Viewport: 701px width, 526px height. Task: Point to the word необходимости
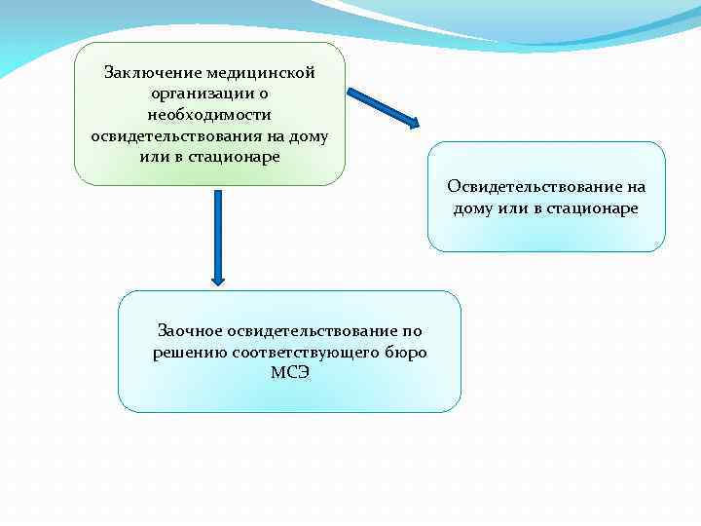click(x=209, y=114)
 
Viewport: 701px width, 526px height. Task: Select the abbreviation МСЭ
click(x=290, y=372)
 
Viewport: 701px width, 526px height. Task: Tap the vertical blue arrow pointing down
click(x=217, y=234)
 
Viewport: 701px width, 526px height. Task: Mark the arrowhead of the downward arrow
click(x=217, y=277)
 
